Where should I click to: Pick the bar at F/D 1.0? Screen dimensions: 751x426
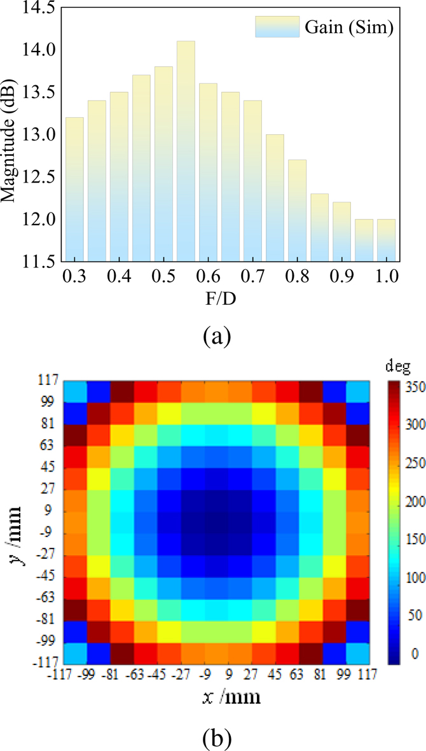click(386, 240)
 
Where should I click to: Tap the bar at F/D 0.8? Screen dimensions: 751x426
click(297, 210)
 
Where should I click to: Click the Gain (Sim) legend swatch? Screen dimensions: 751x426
click(277, 27)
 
